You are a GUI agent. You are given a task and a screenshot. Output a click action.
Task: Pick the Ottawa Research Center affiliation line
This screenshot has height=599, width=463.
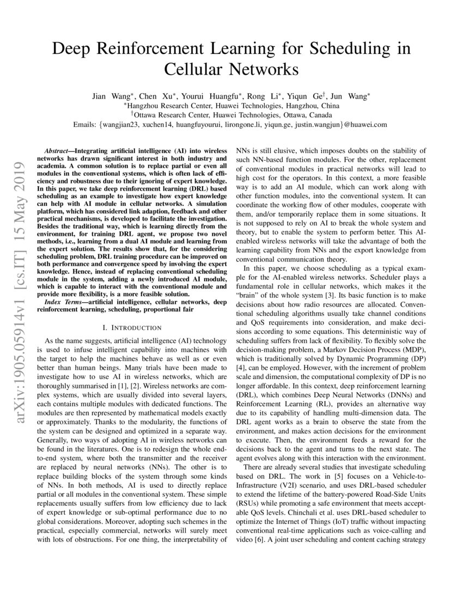231,115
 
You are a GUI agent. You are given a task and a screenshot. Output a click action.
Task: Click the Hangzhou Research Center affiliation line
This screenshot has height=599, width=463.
231,106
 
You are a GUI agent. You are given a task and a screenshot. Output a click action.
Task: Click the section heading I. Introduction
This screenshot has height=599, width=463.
132,328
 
